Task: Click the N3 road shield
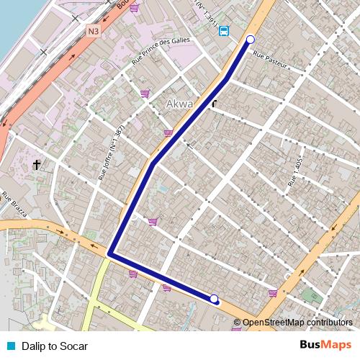(94, 31)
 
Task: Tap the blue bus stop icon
(224, 31)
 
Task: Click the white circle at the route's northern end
(251, 40)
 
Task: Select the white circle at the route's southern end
(214, 299)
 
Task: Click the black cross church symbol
(37, 165)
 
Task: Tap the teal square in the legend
(9, 346)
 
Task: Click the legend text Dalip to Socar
(55, 346)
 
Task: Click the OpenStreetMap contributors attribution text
(297, 323)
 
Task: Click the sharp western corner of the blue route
(110, 253)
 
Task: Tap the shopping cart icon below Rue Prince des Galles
(145, 94)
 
